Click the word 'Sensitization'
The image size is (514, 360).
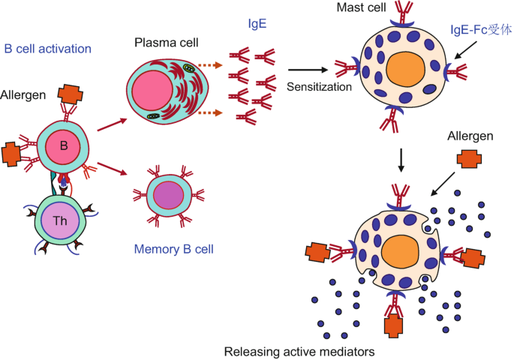tap(319, 86)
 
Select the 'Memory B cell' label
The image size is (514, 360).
tap(173, 248)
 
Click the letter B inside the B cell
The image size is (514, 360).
tap(64, 145)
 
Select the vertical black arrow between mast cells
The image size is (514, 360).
tap(403, 159)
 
